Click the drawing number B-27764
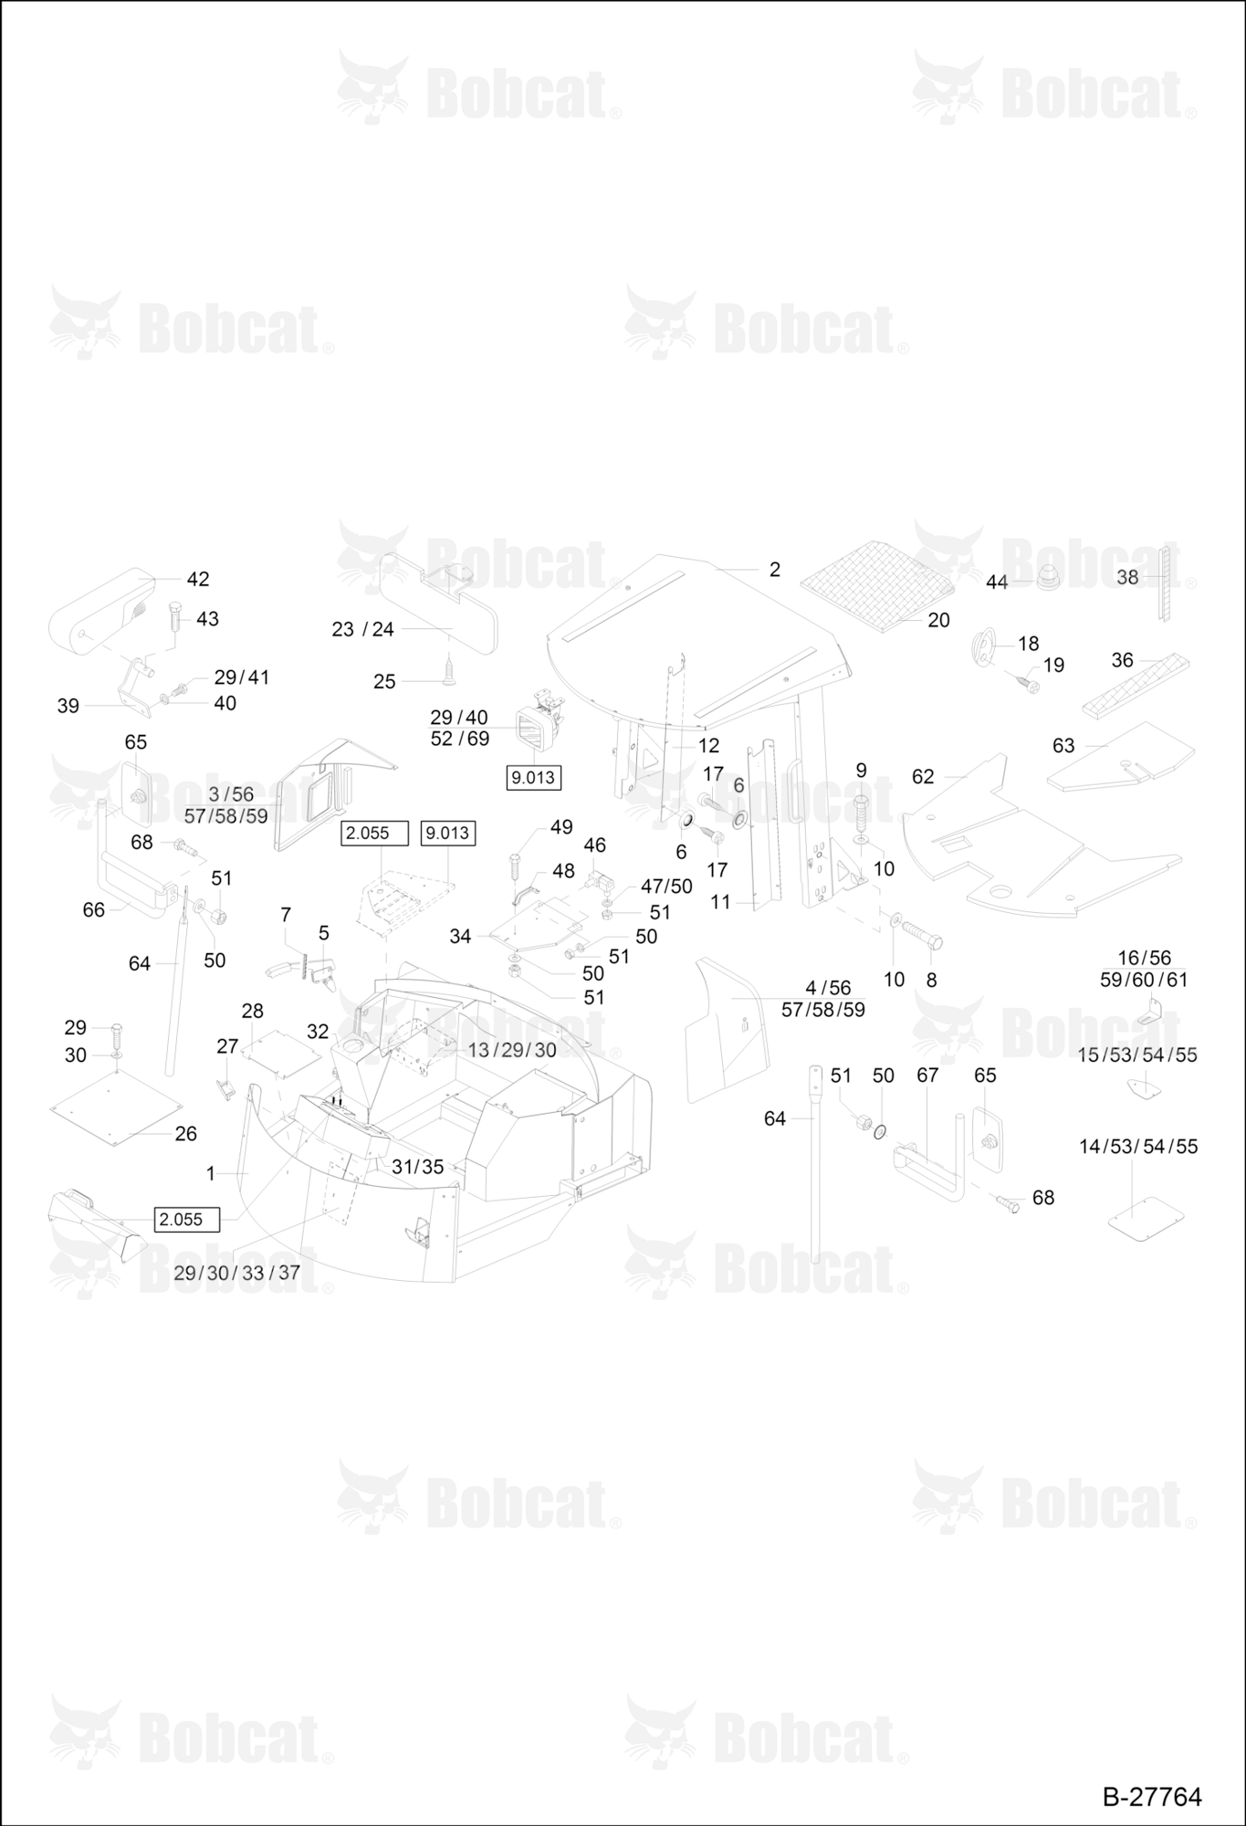pos(1152,1796)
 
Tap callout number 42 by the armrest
pos(198,579)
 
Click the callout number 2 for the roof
pos(775,569)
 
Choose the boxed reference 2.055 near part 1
pos(187,1220)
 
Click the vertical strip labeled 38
pos(1164,583)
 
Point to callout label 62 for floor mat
pos(923,776)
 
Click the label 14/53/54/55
pos(1138,1146)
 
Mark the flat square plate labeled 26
pos(113,1107)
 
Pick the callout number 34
pos(460,937)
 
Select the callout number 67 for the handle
pos(927,1076)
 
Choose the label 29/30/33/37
pos(236,1273)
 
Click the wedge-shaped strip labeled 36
pos(1136,685)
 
